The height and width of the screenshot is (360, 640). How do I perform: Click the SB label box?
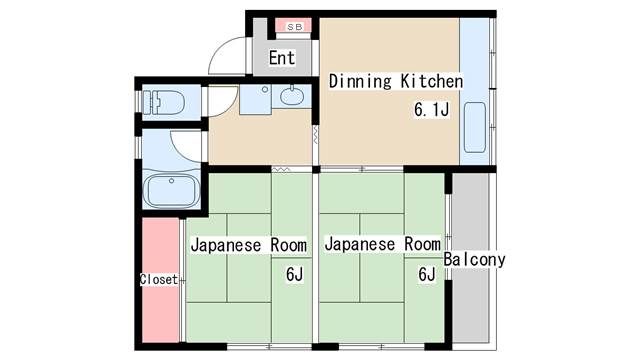coord(294,27)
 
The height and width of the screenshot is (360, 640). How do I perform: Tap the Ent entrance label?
coord(282,58)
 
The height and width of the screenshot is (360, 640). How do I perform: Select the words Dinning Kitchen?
coord(396,81)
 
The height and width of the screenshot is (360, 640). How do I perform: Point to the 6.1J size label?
coord(431,109)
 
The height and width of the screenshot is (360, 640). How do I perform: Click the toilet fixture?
coord(163,102)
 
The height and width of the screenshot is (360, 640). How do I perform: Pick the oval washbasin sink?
coord(292,96)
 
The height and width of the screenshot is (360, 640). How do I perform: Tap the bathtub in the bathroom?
coord(173,191)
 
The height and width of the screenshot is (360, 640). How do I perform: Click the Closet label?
coord(159,280)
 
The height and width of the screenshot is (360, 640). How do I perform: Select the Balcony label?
coord(474,260)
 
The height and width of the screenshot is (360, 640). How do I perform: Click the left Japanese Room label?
coord(249,245)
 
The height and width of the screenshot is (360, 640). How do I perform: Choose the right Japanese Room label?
coord(382,244)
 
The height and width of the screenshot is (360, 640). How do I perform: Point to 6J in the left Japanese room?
coord(294,274)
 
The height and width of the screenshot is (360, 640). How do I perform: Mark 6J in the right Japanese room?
coord(427,274)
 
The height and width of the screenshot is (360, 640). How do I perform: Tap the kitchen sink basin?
coord(475,127)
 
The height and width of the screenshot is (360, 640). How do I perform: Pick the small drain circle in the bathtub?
coord(171,181)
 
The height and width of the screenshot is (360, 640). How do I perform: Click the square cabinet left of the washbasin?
coord(256,99)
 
